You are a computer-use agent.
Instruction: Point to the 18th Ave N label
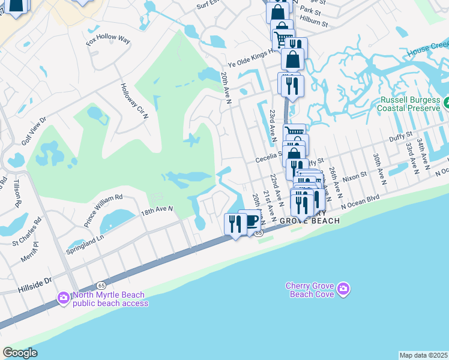pyautogui.click(x=157, y=210)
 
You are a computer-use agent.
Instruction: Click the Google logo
pyautogui.click(x=20, y=352)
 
